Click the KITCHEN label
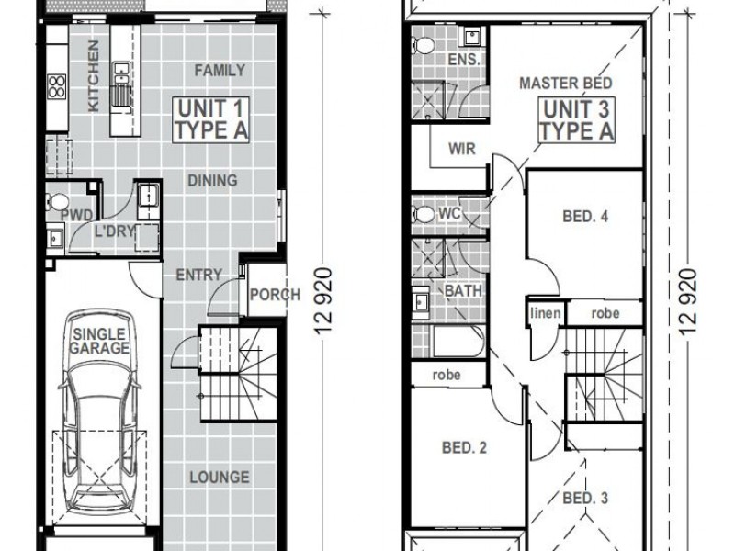click(92, 77)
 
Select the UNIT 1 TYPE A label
click(211, 120)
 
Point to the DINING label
click(212, 180)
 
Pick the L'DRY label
click(115, 231)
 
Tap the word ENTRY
click(198, 274)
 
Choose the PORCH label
click(274, 295)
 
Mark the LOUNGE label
click(220, 477)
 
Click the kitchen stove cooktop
click(55, 85)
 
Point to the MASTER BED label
click(566, 84)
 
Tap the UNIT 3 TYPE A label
click(576, 120)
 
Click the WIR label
click(461, 150)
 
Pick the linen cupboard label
click(545, 313)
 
